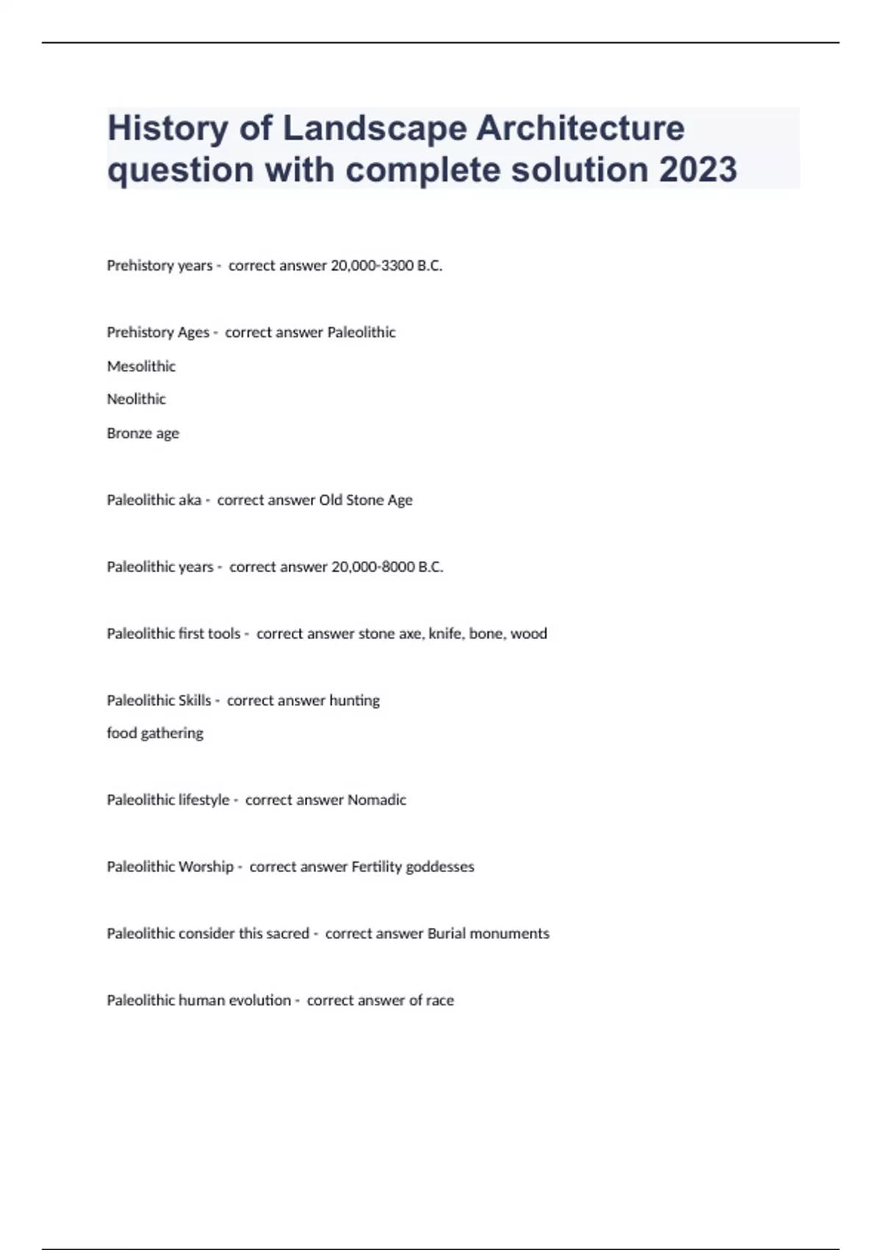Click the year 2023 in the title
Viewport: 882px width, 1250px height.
pyautogui.click(x=698, y=170)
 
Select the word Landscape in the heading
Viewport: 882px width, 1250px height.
pyautogui.click(x=375, y=128)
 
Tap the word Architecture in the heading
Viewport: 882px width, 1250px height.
pyautogui.click(x=581, y=128)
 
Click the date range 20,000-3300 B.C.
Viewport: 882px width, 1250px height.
pyautogui.click(x=387, y=265)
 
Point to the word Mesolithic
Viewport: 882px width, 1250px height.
pyautogui.click(x=141, y=366)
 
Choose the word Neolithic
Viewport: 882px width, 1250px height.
pyautogui.click(x=136, y=399)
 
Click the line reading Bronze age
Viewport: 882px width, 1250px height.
pyautogui.click(x=143, y=433)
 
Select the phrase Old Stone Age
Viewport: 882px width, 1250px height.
pyautogui.click(x=365, y=500)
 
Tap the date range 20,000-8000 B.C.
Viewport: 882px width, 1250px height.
pyautogui.click(x=387, y=567)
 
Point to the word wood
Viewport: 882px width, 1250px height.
pyautogui.click(x=528, y=634)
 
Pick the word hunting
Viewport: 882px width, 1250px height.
pyautogui.click(x=354, y=701)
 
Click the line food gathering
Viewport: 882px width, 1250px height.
pyautogui.click(x=155, y=733)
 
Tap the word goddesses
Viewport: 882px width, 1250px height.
pyautogui.click(x=440, y=867)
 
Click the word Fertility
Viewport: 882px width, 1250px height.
pyautogui.click(x=376, y=867)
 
